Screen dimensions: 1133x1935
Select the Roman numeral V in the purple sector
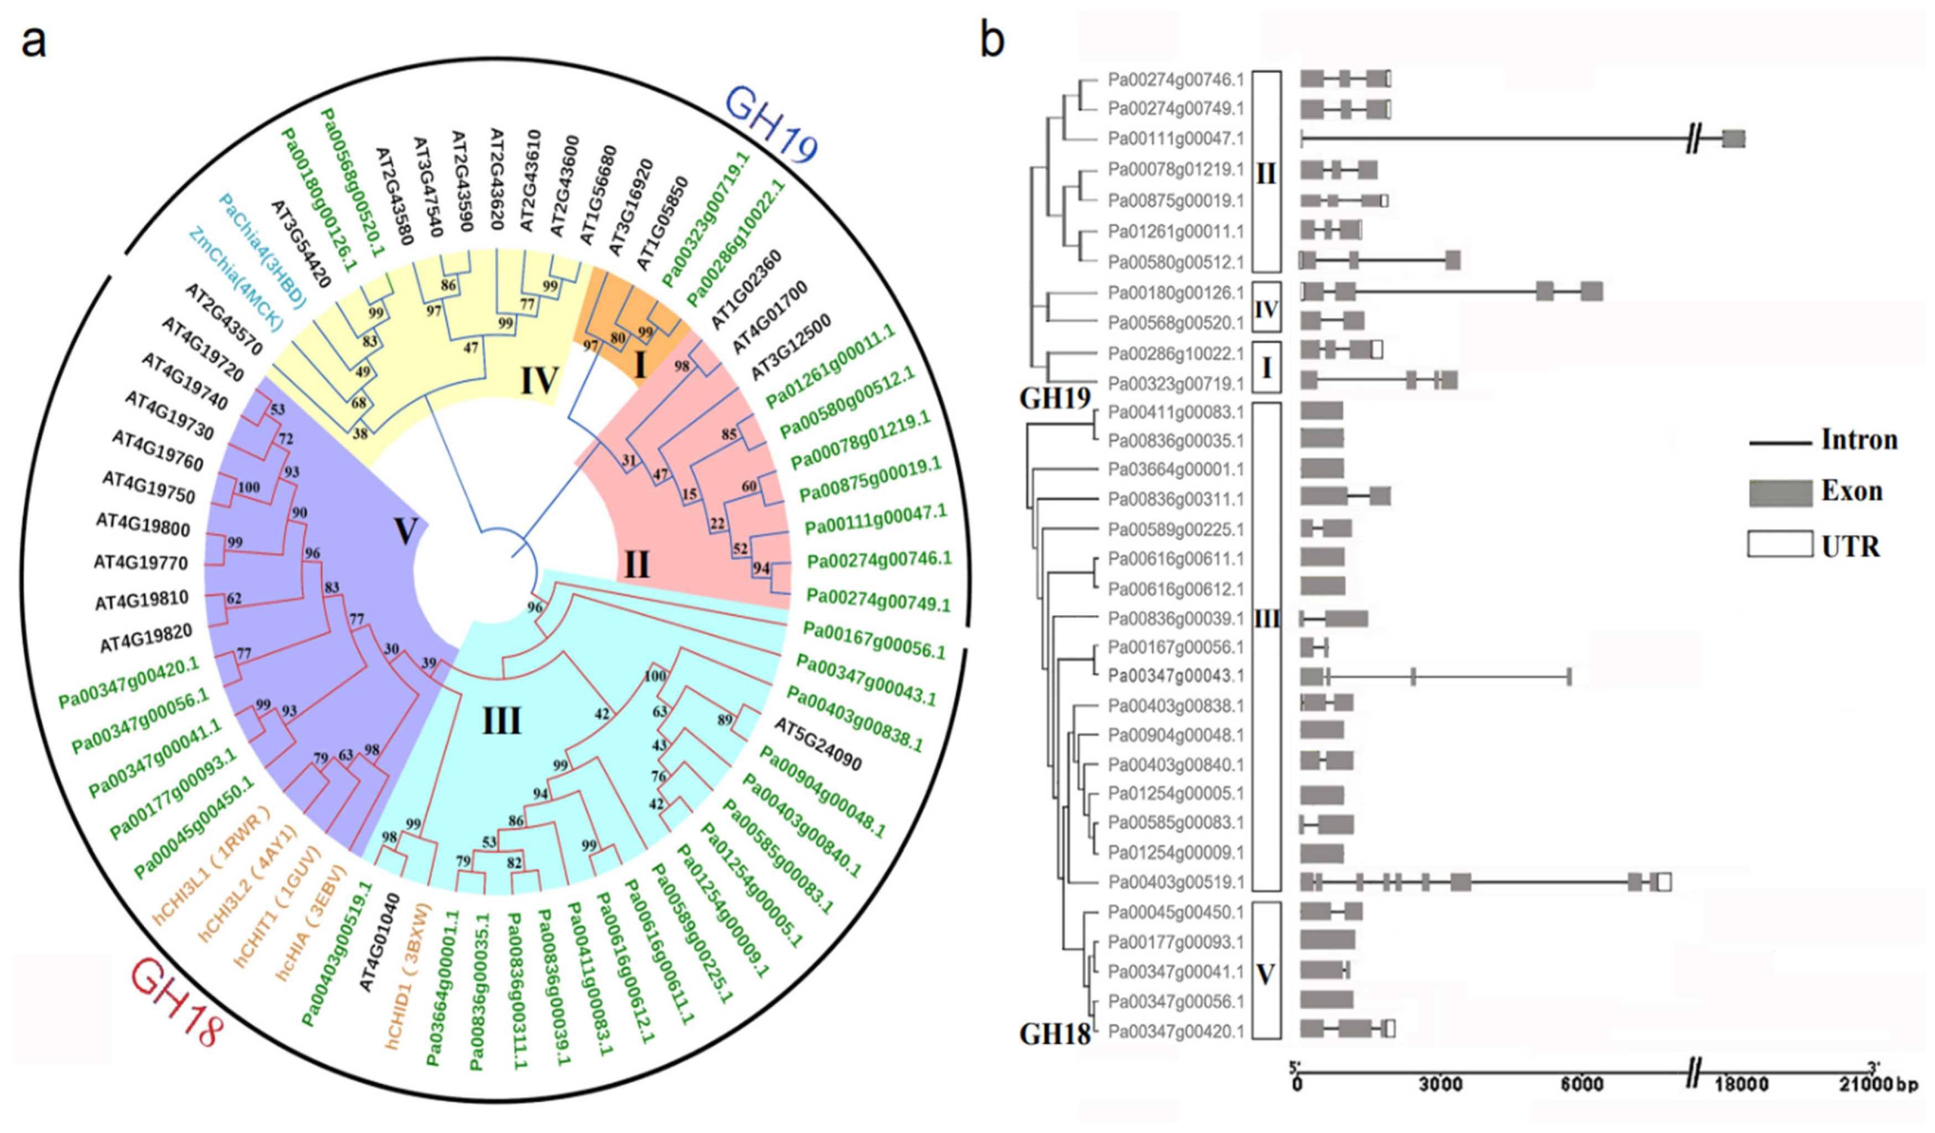pyautogui.click(x=405, y=530)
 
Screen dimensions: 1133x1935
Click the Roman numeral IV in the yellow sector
pyautogui.click(x=539, y=380)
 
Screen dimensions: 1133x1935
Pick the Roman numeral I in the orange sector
pyautogui.click(x=640, y=365)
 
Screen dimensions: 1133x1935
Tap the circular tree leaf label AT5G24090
pyautogui.click(x=818, y=744)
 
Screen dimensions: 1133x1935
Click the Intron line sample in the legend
pyautogui.click(x=1779, y=443)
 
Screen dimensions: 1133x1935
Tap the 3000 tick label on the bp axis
pyautogui.click(x=1440, y=1085)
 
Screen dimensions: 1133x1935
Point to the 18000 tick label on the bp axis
pyautogui.click(x=1741, y=1085)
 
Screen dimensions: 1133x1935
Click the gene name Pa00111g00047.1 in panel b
pyautogui.click(x=1175, y=139)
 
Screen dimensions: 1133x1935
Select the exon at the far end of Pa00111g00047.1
pyautogui.click(x=1733, y=139)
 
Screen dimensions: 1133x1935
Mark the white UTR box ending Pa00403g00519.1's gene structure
pyautogui.click(x=1664, y=882)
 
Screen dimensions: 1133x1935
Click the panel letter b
pyautogui.click(x=992, y=40)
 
